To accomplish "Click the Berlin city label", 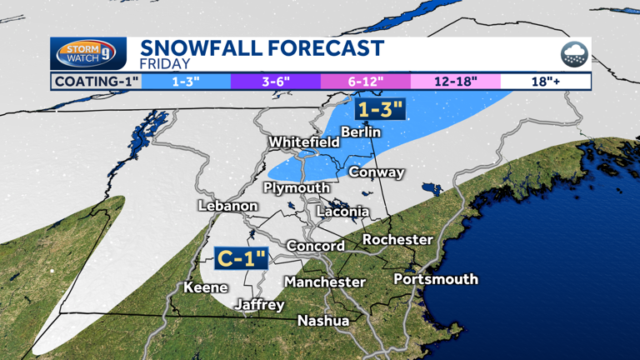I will click(361, 132).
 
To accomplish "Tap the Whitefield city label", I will click(303, 142).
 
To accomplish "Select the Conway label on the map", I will click(376, 172).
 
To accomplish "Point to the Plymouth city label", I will click(297, 187).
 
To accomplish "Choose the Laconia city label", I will click(342, 212).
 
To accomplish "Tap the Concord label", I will click(315, 246).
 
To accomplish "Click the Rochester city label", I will click(397, 239).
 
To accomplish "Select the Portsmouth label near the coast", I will click(436, 278).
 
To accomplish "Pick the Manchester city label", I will click(325, 282).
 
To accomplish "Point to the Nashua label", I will click(323, 320).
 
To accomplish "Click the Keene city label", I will click(206, 287).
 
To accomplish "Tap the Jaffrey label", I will click(259, 305).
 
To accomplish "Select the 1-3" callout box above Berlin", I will click(380, 109).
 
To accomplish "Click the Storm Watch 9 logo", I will click(88, 54).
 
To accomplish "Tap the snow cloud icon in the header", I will click(573, 55).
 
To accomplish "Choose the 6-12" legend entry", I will click(365, 82).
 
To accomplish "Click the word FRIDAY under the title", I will click(165, 63).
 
